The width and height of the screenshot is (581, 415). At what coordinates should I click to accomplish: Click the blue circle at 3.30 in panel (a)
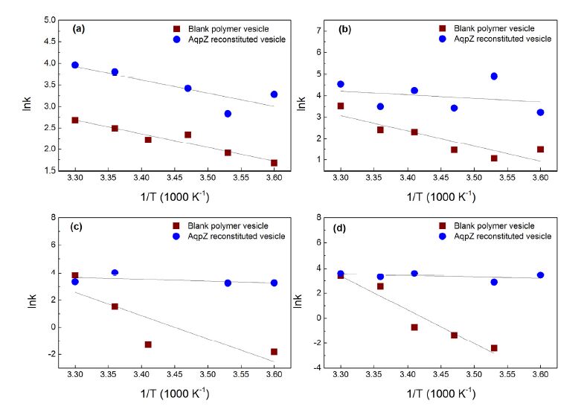[75, 65]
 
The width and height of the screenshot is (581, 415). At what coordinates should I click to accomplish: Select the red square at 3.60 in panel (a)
[275, 163]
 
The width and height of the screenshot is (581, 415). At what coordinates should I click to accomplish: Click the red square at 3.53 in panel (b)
[494, 158]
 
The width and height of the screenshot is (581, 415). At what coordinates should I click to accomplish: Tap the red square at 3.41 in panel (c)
[148, 344]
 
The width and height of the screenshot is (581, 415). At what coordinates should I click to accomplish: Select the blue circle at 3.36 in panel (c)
[115, 273]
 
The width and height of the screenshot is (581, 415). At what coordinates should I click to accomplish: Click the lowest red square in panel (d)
[494, 348]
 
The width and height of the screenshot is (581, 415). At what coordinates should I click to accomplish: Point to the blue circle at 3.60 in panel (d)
[540, 275]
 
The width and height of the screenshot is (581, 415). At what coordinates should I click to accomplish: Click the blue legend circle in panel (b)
[443, 39]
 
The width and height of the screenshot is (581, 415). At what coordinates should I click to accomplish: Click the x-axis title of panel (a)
[174, 196]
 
